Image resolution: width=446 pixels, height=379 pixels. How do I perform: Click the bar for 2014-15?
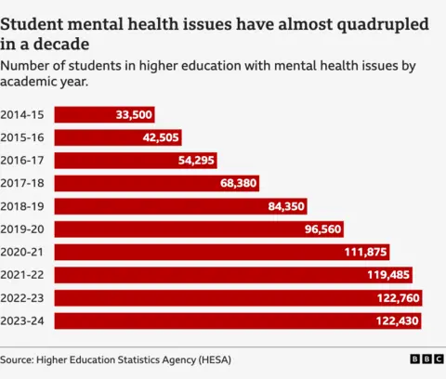point(104,114)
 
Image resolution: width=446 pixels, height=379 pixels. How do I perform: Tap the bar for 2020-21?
point(221,252)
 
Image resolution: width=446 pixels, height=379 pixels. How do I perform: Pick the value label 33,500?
point(134,114)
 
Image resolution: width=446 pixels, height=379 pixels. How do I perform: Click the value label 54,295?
point(197,161)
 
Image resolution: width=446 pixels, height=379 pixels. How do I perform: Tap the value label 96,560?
point(323,229)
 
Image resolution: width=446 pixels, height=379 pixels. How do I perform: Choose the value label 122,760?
point(398,298)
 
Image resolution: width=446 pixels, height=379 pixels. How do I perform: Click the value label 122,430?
point(398,320)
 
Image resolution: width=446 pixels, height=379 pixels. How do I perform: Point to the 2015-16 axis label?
point(22,137)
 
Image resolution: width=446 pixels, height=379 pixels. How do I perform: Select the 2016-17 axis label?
point(22,161)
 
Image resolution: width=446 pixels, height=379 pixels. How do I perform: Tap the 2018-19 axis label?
point(22,206)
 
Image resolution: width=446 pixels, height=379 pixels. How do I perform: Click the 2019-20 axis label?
point(22,229)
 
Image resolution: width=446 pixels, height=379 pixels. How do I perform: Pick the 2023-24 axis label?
point(22,320)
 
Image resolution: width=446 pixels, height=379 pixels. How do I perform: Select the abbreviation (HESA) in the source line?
point(210,359)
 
